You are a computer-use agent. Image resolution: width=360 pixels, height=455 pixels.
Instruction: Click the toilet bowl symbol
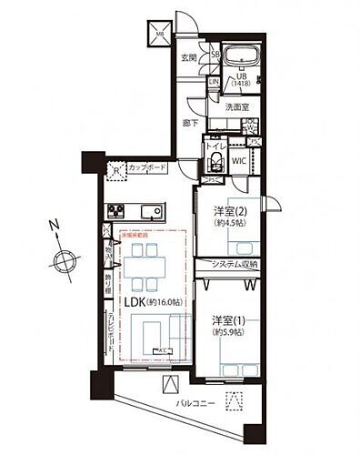(x=216, y=163)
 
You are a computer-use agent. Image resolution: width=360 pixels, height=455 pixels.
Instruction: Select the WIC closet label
(x=239, y=163)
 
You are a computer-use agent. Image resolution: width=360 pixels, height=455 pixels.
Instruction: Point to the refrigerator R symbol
(x=116, y=169)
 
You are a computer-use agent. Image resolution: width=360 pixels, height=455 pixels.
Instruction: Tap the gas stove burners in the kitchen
(x=117, y=213)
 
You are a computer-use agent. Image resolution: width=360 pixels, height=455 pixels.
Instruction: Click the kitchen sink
(x=151, y=214)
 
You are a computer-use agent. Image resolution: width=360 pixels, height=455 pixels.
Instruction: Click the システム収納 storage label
(x=234, y=264)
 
